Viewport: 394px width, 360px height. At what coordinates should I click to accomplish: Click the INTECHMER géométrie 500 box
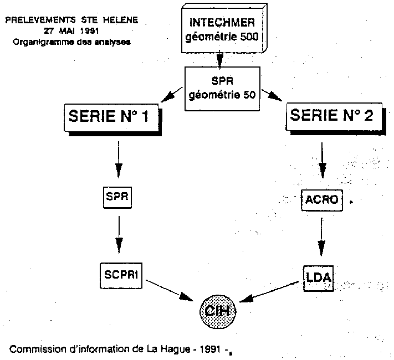tap(224, 28)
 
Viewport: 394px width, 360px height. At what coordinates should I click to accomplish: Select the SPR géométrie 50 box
tap(222, 89)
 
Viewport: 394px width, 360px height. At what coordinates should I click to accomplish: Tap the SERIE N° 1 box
tap(112, 120)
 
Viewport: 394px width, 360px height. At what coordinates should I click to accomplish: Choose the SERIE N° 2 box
tap(336, 119)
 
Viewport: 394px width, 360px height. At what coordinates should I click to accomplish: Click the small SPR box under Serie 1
tap(117, 197)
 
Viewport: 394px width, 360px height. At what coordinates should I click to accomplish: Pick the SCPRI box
tap(121, 276)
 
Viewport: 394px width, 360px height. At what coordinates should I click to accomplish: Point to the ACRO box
tap(322, 200)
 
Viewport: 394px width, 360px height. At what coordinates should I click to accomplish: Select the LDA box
tap(319, 279)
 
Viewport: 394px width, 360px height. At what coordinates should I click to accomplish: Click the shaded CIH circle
tap(218, 311)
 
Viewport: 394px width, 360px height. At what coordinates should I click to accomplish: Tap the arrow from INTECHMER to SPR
tap(220, 60)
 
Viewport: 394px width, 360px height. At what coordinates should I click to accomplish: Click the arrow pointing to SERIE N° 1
tap(172, 95)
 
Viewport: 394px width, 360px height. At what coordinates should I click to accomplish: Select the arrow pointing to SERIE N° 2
tap(272, 95)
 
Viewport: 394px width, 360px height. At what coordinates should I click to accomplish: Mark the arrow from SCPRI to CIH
tap(170, 290)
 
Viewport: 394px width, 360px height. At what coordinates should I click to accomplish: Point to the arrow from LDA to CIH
tap(269, 292)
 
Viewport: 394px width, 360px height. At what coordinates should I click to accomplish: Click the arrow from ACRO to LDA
tap(321, 236)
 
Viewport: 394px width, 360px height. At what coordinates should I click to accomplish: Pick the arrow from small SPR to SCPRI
tap(119, 235)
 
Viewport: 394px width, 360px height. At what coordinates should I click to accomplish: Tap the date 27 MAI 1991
tap(71, 31)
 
